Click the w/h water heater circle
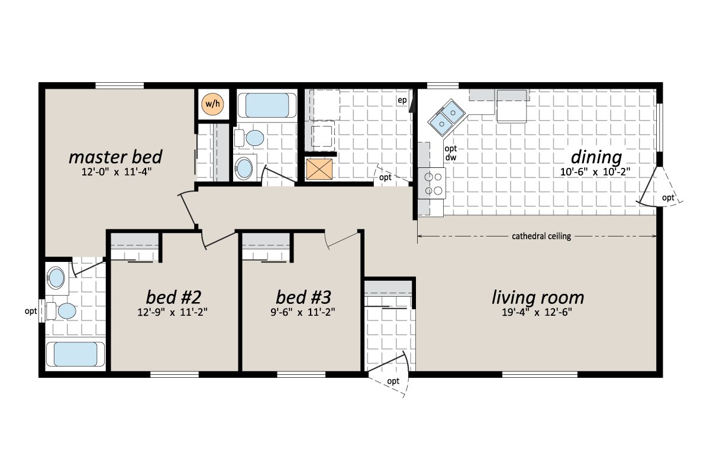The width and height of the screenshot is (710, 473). click(212, 104)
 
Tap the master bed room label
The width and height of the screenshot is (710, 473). click(115, 157)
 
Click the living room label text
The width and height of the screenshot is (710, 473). click(538, 297)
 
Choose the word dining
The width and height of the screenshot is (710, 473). click(596, 158)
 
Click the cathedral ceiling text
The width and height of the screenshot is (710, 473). click(541, 237)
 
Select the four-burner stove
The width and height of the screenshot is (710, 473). click(431, 183)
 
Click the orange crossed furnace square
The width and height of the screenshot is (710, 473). click(320, 169)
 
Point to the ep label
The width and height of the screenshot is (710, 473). click(402, 100)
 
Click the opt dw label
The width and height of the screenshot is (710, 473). click(451, 153)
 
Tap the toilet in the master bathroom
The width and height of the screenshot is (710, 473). click(66, 310)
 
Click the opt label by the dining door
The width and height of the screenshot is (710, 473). click(667, 197)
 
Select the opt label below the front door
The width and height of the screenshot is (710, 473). click(393, 381)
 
